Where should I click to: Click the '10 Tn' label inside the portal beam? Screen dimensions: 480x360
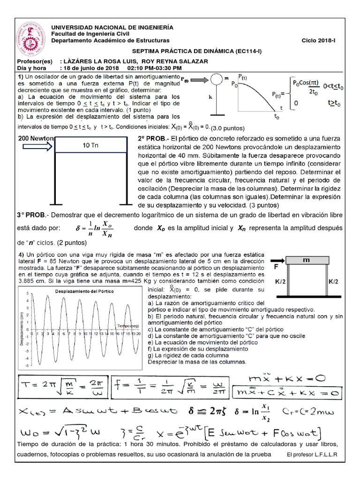coord(92,145)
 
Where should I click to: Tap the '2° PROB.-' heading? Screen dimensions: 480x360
coord(153,139)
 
